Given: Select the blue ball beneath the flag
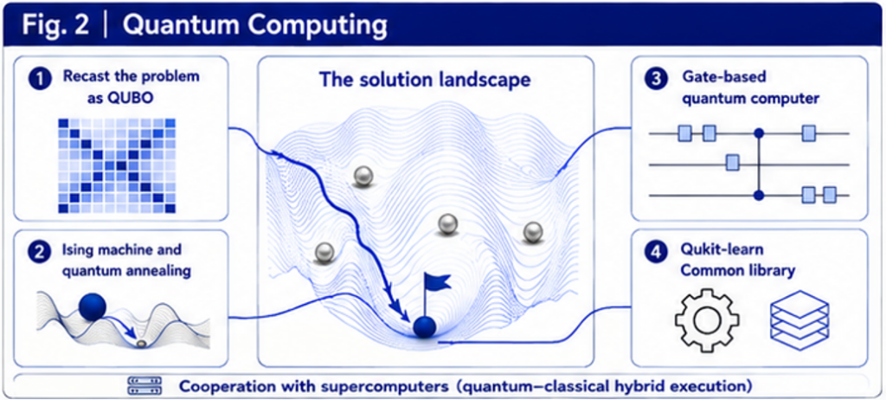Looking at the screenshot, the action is click(424, 328).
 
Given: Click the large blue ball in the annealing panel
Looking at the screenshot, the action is click(93, 307).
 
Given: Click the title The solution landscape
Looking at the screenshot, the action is click(425, 79).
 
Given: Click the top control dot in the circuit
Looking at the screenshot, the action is click(760, 133).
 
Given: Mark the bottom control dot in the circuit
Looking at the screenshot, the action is click(760, 195).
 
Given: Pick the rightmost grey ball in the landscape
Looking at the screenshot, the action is click(532, 232).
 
